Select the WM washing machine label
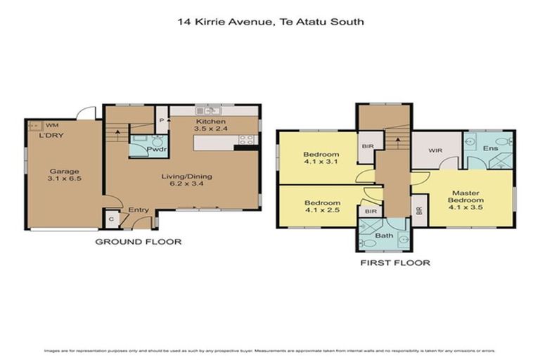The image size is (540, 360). pos(52,124)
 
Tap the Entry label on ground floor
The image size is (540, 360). pos(137,210)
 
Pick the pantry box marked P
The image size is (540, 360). pos(162,121)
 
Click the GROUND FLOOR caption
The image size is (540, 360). pos(139,242)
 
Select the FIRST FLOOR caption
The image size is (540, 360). pos(397,263)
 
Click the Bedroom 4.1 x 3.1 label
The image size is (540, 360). pos(321,160)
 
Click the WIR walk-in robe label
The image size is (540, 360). pos(434,150)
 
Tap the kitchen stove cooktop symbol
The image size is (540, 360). pos(247,141)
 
